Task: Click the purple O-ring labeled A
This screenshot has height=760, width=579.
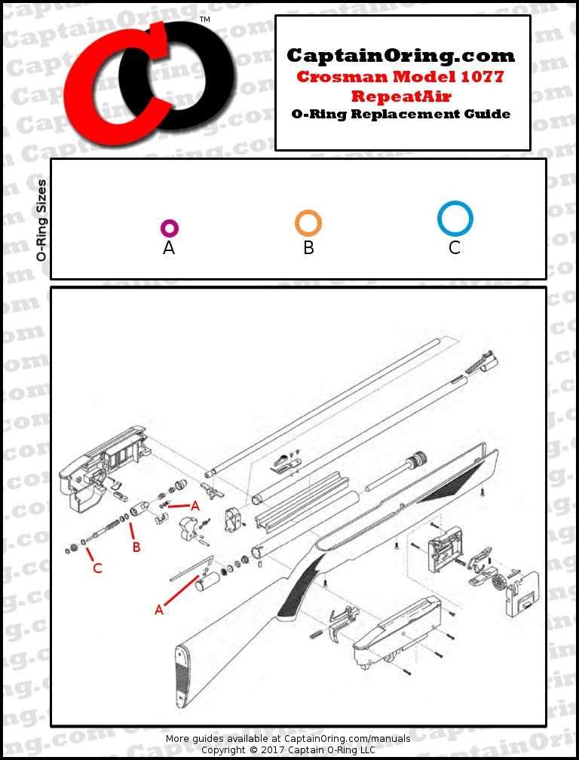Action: point(169,228)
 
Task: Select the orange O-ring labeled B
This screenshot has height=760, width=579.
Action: point(308,223)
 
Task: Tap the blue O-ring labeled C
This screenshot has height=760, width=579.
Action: point(455,219)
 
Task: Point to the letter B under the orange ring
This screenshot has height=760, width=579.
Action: point(308,248)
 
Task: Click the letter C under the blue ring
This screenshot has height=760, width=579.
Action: point(455,248)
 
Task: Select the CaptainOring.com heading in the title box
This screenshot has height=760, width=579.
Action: point(401,56)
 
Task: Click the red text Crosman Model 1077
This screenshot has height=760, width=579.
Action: point(400,77)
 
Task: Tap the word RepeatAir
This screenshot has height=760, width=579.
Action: point(401,97)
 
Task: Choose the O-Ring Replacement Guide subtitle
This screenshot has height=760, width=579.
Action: point(401,115)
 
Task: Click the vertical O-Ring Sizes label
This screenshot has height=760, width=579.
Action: point(41,220)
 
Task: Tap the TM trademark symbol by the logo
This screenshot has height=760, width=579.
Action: point(204,20)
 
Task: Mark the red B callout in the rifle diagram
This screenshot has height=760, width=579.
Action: point(136,547)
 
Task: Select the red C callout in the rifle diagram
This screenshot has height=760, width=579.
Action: point(97,568)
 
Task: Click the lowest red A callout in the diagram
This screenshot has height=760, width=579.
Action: point(159,610)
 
